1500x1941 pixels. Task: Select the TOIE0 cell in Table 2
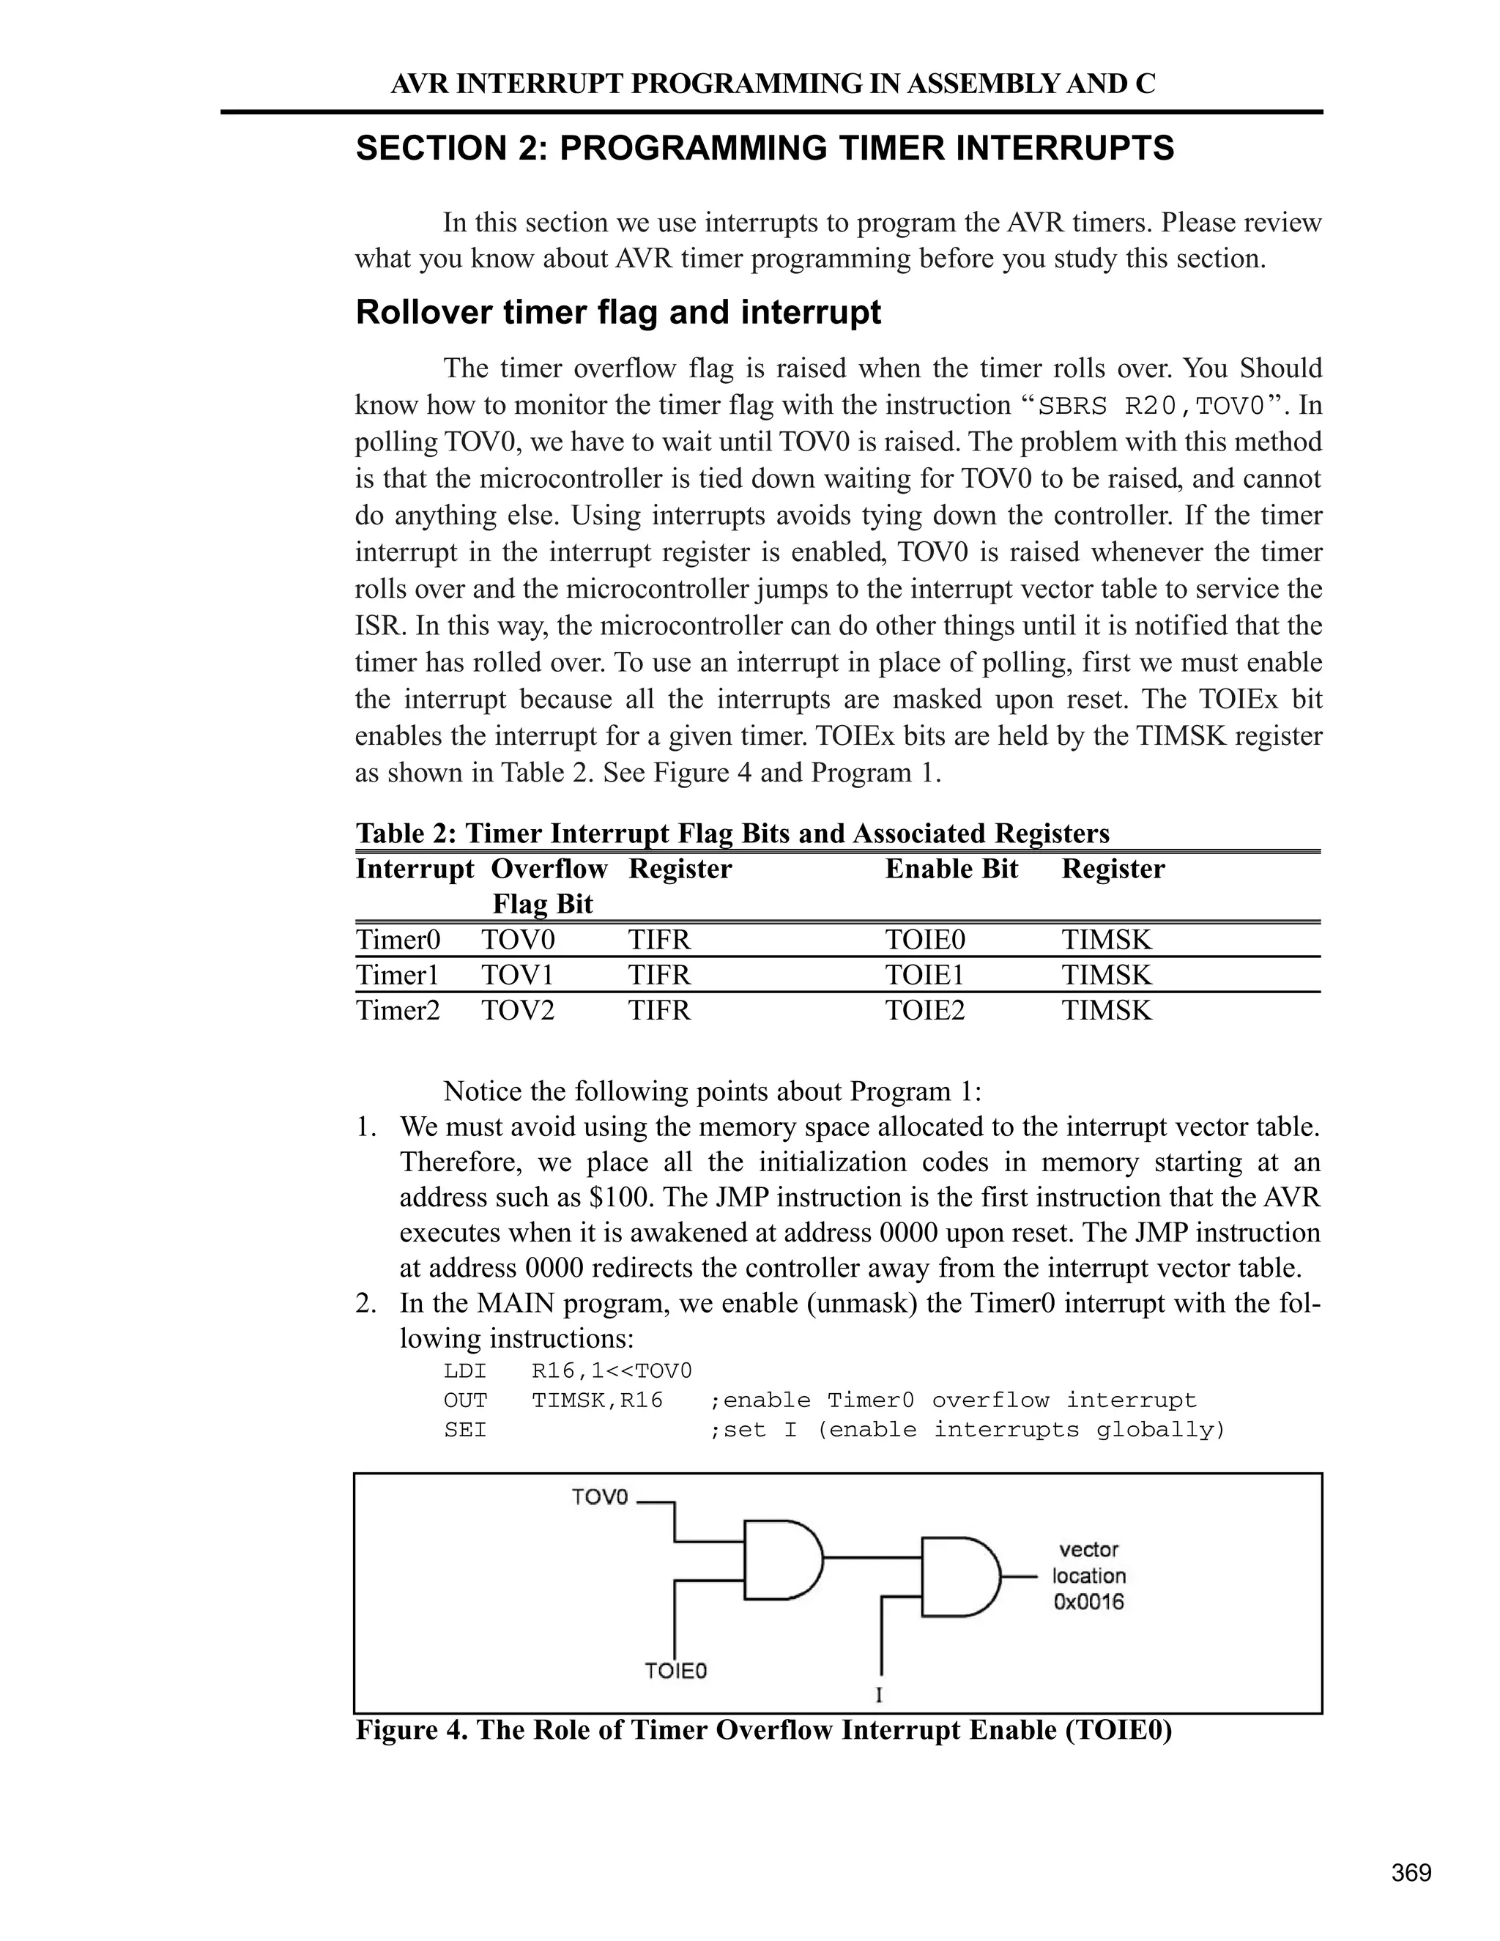pyautogui.click(x=924, y=940)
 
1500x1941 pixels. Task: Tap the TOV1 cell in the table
pyautogui.click(x=517, y=976)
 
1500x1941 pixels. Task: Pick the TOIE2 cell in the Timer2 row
pyautogui.click(x=924, y=1011)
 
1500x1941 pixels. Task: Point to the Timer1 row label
pyautogui.click(x=397, y=976)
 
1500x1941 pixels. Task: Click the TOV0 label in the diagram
pyautogui.click(x=600, y=1498)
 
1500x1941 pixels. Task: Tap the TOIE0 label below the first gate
pyautogui.click(x=675, y=1671)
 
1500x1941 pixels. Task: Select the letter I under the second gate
pyautogui.click(x=879, y=1696)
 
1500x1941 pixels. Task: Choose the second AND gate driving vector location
pyautogui.click(x=959, y=1577)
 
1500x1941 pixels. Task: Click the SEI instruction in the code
pyautogui.click(x=465, y=1430)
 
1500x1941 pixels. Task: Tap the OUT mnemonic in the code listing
pyautogui.click(x=465, y=1400)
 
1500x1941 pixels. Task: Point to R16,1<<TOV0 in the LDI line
pyautogui.click(x=612, y=1371)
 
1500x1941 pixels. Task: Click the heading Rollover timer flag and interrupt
pyautogui.click(x=617, y=313)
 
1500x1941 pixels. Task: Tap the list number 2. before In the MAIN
pyautogui.click(x=366, y=1304)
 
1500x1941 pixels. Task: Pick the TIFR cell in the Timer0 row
pyautogui.click(x=658, y=940)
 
